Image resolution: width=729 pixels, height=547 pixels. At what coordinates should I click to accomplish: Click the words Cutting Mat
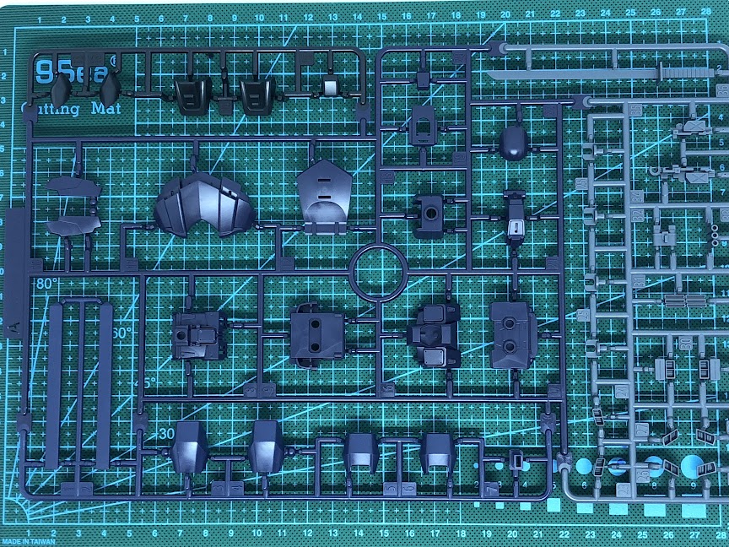click(x=72, y=109)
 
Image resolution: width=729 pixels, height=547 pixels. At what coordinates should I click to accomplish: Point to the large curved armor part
click(x=206, y=205)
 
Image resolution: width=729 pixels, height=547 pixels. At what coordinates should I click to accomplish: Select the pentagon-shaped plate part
click(x=324, y=192)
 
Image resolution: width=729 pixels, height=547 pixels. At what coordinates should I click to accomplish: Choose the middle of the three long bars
click(x=83, y=384)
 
